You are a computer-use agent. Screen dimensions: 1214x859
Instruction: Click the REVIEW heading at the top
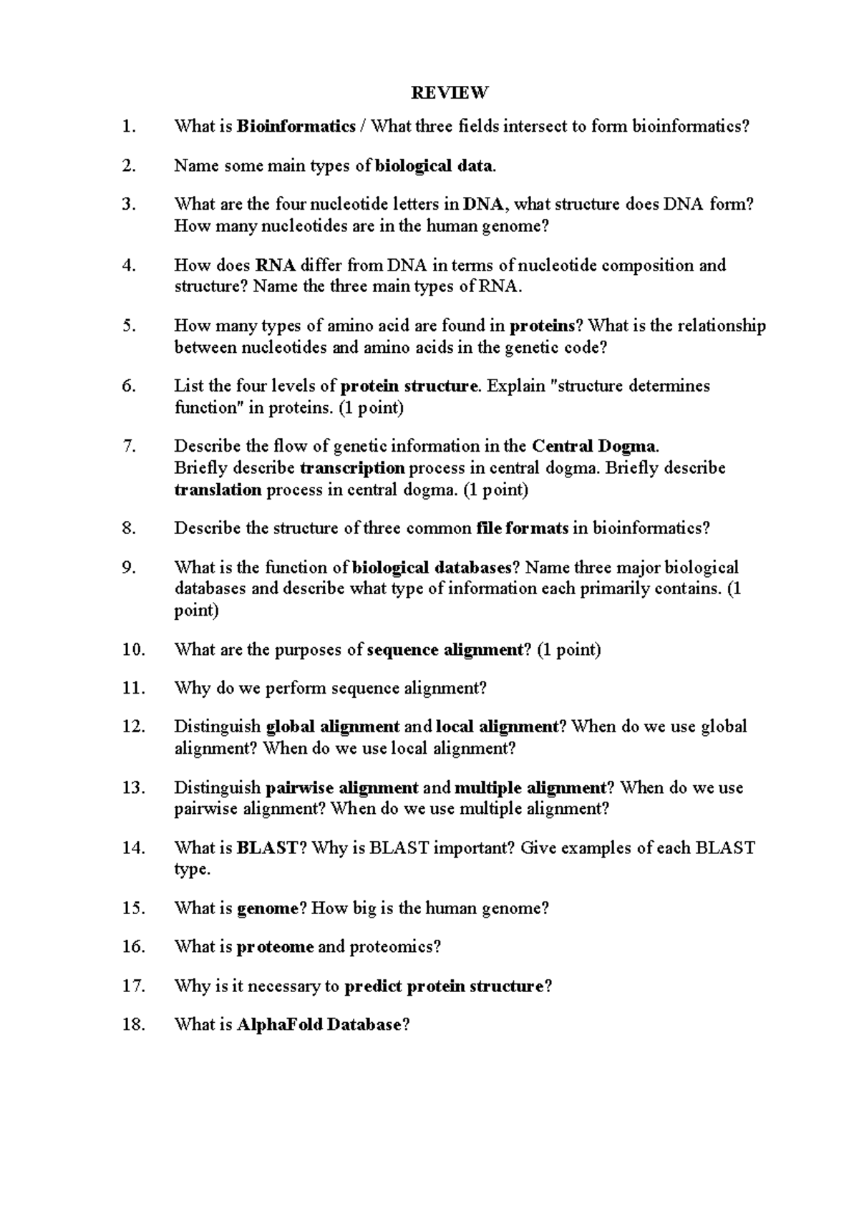click(x=450, y=92)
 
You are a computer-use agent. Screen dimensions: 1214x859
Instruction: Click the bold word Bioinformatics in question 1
click(x=296, y=127)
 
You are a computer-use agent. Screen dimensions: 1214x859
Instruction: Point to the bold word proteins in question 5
click(x=542, y=326)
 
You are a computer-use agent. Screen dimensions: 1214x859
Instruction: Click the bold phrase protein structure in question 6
click(x=409, y=387)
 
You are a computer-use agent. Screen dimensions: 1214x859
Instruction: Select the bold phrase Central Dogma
click(x=593, y=447)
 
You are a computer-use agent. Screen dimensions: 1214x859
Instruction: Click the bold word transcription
click(x=352, y=468)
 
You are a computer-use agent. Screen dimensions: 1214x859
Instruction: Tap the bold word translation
click(x=218, y=490)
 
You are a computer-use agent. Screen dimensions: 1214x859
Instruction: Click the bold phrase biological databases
click(x=432, y=568)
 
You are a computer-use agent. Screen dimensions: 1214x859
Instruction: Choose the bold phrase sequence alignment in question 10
click(x=445, y=650)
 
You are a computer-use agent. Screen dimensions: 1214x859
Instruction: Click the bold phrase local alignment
click(x=496, y=727)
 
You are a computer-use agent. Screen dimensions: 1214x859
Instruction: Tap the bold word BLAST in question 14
click(x=266, y=848)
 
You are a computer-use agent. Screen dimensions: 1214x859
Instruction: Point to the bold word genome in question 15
click(x=266, y=909)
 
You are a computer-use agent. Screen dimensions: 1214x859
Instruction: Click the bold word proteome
click(x=275, y=947)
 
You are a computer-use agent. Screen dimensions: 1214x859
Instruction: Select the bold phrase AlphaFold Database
click(x=319, y=1025)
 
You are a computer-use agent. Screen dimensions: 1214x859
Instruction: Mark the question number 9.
click(x=129, y=568)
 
